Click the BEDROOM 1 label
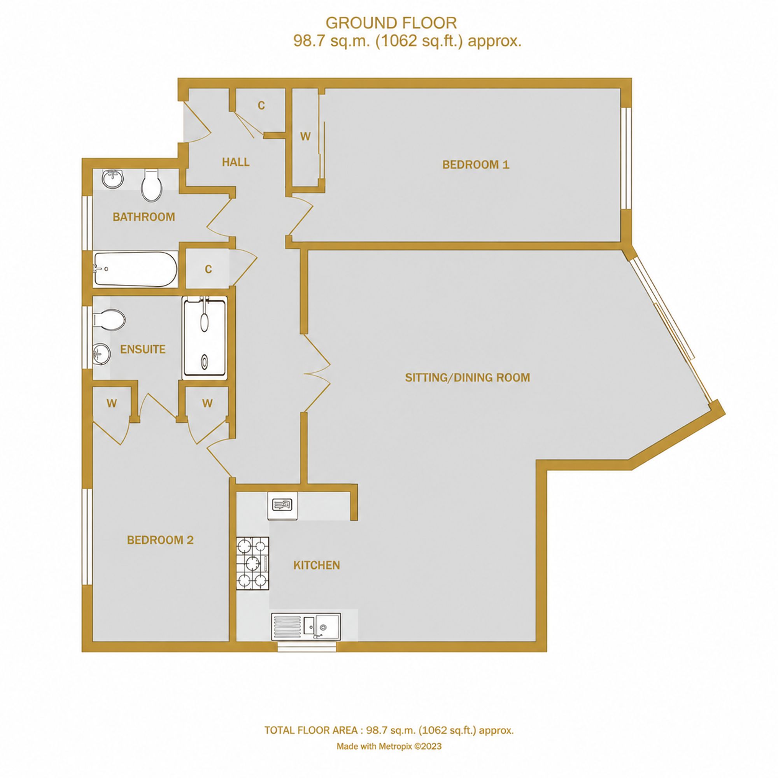coord(476,164)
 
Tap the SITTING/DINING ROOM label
coord(467,377)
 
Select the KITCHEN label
coord(317,565)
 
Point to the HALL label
coord(236,162)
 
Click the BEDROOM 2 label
coord(160,540)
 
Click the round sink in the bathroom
coord(112,179)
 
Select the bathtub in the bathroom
coord(135,270)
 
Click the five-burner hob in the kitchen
coord(252,563)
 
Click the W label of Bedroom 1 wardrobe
coord(305,137)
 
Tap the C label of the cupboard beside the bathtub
coord(208,269)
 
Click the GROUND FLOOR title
coord(391,23)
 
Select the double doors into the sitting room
coord(317,373)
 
